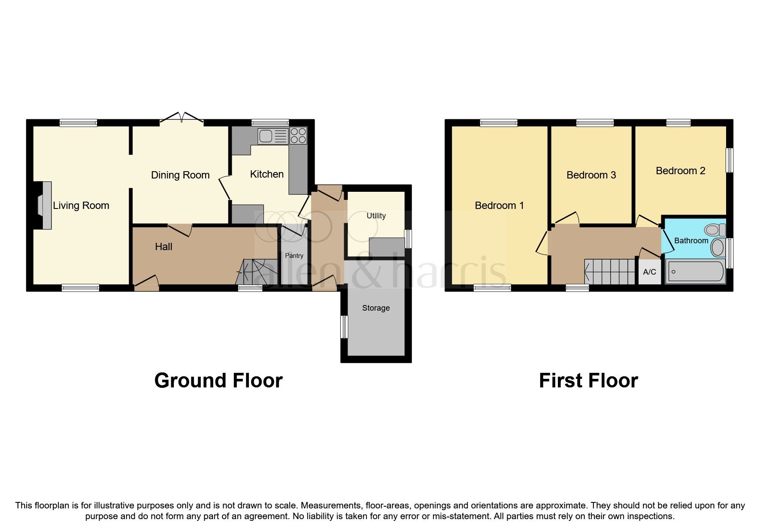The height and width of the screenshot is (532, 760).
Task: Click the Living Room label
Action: coord(81,206)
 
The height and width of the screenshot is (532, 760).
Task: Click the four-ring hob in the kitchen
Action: coord(298,136)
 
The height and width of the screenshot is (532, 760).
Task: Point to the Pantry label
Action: coord(294,256)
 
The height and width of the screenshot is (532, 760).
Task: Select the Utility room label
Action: coord(376,216)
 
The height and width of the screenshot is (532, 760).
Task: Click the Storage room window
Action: coord(343,327)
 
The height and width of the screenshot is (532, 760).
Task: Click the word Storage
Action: coord(376,308)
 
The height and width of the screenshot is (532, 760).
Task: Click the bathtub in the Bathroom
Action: coord(695,272)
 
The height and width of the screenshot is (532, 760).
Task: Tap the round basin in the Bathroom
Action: coord(718,248)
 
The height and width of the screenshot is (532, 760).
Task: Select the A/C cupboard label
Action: coord(649,272)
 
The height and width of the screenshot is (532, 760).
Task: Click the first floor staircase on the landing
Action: coord(609,271)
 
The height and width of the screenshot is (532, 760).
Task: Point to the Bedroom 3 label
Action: coord(591,175)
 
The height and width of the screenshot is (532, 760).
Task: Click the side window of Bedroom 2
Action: coord(729,160)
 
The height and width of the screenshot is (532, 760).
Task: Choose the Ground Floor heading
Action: coord(218,381)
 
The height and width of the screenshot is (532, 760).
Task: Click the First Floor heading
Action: coord(588,381)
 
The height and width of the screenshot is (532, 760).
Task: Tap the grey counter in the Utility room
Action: coord(387,248)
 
